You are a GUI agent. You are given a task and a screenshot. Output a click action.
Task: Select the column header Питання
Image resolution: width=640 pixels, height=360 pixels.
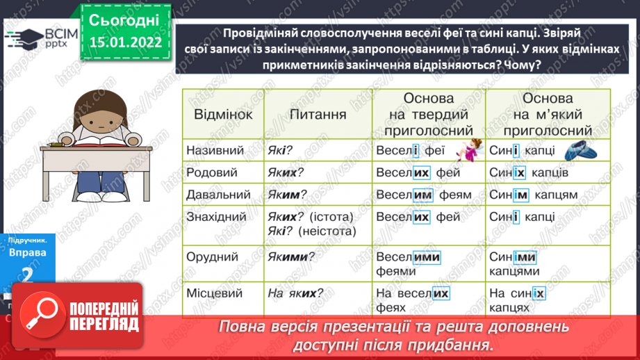pos(318,115)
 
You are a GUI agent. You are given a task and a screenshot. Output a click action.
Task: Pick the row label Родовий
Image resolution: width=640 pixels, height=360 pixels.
pos(212,172)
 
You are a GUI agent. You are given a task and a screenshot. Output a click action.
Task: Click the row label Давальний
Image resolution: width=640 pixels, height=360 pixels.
pos(218,195)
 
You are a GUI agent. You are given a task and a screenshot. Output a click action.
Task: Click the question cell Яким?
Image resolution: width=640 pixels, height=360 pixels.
pos(287,195)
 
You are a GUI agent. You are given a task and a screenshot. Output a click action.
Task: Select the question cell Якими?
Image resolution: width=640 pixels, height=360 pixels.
pos(290,257)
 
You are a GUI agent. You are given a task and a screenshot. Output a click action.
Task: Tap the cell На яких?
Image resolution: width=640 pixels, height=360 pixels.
pos(295,293)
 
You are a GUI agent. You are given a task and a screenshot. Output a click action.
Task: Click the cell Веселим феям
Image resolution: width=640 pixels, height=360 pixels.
pos(422,195)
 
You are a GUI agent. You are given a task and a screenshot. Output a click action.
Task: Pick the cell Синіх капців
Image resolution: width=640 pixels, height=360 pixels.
pos(529,172)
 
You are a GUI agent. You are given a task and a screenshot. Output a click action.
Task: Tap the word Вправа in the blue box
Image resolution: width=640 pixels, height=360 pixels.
pos(28,252)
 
